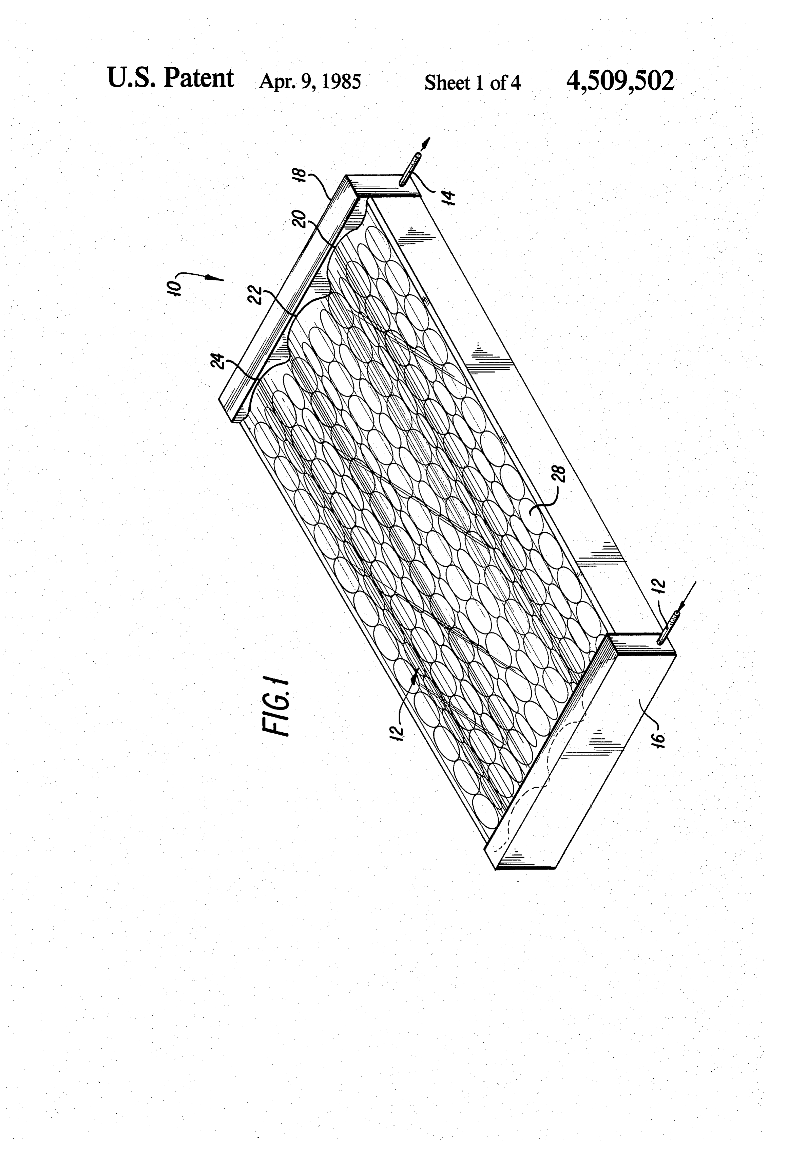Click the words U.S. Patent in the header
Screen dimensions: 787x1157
170,78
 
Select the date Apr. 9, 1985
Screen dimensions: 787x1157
310,81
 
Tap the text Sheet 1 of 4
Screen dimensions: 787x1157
472,82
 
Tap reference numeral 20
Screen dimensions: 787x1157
300,219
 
